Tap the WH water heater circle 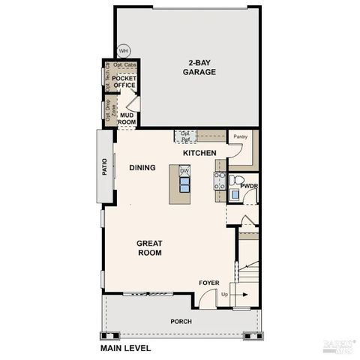124,51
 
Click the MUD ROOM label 127,118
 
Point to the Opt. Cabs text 125,65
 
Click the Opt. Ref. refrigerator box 184,136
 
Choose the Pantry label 240,136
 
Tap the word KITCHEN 199,154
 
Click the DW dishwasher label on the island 184,172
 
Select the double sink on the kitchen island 184,184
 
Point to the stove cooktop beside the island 220,179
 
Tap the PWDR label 249,185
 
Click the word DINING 142,168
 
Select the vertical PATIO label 105,166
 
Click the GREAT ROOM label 149,247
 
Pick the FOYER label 209,283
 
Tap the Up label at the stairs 224,294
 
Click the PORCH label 181,321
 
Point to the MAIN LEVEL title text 125,348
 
